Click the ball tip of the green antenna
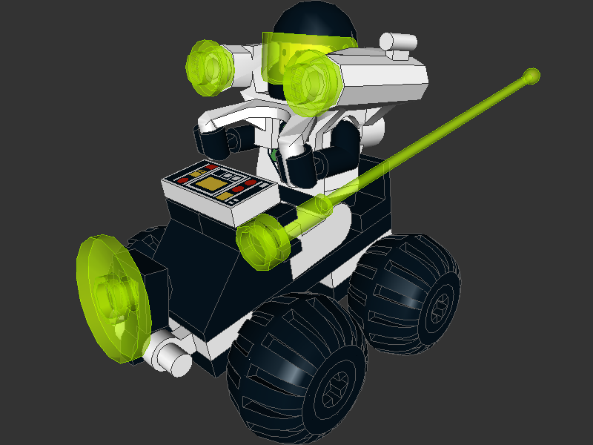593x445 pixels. (x=531, y=75)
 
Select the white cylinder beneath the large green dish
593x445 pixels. (x=172, y=358)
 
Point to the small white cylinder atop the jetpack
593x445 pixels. (x=399, y=43)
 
